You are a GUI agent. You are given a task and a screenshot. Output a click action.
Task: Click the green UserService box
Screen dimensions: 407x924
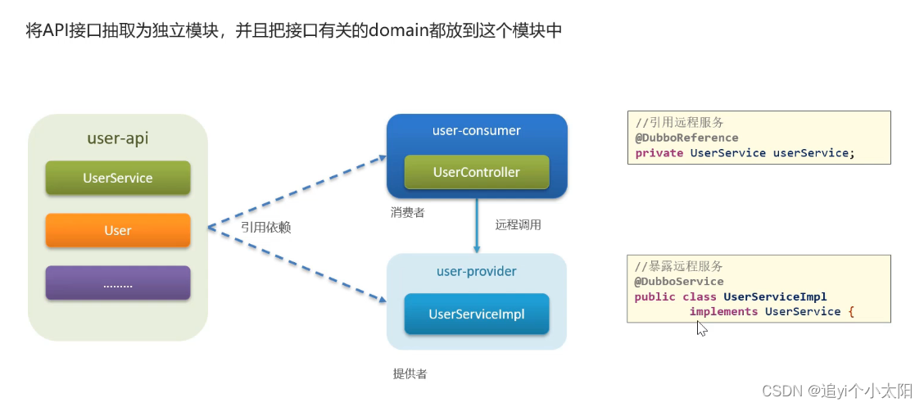coord(117,178)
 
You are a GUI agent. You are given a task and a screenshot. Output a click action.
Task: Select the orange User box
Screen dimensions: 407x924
coord(117,230)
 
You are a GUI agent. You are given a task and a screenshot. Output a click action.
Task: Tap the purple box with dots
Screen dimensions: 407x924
coord(117,283)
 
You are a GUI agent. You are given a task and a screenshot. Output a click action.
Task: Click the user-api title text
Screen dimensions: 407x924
coord(117,138)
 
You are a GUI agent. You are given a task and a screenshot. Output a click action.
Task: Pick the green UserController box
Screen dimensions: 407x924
coord(476,173)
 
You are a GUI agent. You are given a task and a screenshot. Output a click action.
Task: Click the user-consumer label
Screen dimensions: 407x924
coord(476,131)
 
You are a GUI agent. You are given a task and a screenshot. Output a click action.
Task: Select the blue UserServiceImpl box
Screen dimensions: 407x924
coord(476,314)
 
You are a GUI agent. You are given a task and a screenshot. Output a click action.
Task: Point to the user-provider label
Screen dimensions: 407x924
coord(476,271)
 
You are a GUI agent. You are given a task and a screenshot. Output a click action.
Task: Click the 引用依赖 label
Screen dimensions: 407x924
coord(265,228)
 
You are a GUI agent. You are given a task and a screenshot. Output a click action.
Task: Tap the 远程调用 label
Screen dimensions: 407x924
coord(518,224)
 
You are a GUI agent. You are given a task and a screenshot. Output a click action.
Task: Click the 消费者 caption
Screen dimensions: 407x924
coord(407,212)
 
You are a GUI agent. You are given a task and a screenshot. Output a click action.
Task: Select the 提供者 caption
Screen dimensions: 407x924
coord(410,374)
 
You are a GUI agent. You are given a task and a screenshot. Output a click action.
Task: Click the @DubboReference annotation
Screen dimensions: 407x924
coord(686,138)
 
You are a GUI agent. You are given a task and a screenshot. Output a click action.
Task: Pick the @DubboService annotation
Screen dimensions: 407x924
coord(678,281)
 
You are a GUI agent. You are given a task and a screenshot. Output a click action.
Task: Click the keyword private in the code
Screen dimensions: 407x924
coord(659,152)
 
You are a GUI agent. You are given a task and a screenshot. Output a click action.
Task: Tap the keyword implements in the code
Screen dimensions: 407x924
coord(723,311)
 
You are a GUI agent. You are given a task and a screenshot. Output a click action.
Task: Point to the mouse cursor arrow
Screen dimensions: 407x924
coord(700,327)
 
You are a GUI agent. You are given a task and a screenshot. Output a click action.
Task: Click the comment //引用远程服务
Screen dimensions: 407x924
coord(679,123)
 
